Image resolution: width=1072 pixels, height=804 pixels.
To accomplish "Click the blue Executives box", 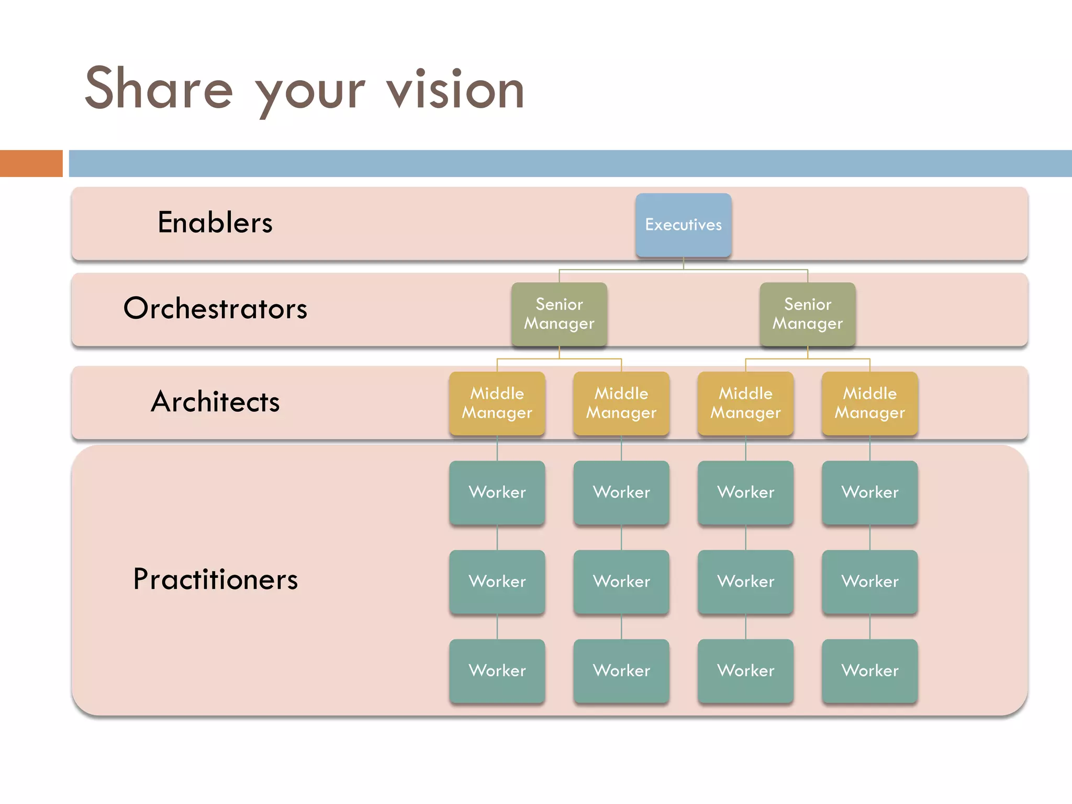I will click(x=683, y=225).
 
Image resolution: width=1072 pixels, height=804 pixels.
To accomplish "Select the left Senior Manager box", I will click(x=559, y=314).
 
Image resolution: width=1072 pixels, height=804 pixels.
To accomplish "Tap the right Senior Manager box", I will click(x=807, y=314).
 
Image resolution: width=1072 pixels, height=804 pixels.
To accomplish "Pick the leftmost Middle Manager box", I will click(x=497, y=403).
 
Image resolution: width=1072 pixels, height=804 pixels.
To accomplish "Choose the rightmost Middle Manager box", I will click(x=869, y=403).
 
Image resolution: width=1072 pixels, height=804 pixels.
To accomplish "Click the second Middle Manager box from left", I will click(x=621, y=403).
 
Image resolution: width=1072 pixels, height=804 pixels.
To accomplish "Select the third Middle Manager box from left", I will click(x=745, y=403).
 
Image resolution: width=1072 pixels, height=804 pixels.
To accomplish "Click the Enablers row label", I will click(x=215, y=222).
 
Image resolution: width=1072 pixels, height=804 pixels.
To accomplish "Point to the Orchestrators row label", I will click(x=215, y=308).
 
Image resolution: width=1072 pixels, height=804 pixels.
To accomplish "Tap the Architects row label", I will click(x=215, y=401).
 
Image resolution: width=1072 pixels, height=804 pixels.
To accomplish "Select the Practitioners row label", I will click(x=215, y=579).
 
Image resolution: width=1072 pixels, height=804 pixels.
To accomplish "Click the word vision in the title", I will click(x=455, y=90).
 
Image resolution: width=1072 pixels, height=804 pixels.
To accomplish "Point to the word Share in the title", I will click(x=159, y=89).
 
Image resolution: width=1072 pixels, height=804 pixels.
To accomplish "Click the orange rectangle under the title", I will click(x=31, y=163).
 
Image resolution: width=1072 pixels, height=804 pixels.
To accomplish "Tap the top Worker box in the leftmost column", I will click(x=497, y=492).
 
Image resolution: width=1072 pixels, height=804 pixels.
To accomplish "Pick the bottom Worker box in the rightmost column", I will click(x=869, y=671).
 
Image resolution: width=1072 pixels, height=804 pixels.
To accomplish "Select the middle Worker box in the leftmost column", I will click(x=497, y=581).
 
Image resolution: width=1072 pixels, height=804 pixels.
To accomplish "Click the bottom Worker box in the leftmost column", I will click(x=497, y=671).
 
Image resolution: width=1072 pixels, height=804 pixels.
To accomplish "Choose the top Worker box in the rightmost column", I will click(x=869, y=492).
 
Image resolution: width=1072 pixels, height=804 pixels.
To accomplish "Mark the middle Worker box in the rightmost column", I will click(x=869, y=581).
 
